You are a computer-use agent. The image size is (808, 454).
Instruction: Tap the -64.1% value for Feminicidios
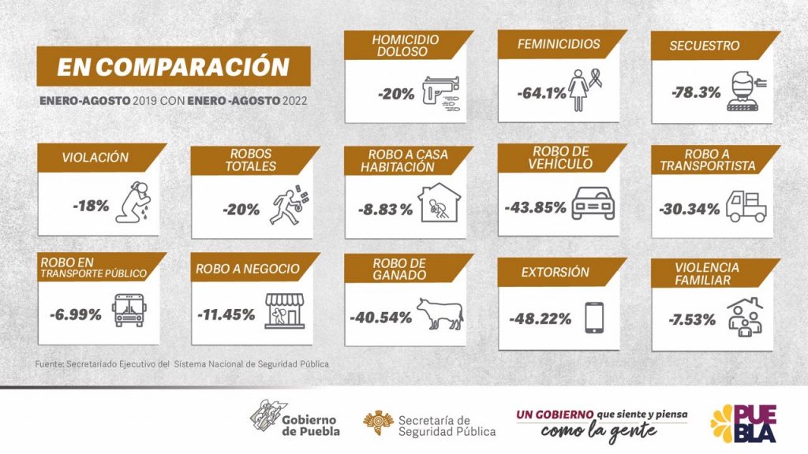coord(541,93)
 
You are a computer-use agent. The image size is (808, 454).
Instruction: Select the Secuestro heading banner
coord(704,46)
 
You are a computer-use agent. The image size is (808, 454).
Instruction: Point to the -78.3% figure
coord(696,92)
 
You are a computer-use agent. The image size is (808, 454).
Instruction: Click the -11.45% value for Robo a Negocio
coord(226,314)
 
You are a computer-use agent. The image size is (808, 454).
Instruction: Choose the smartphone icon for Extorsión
coord(594,318)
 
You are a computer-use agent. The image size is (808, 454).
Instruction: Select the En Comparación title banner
coord(173,66)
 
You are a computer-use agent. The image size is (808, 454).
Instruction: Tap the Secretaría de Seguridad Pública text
coord(447,426)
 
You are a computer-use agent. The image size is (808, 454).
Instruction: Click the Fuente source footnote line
coord(181,364)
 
